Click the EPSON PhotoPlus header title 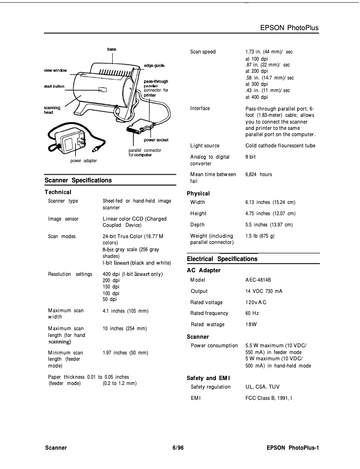coord(289,28)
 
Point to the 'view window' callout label coord(55,71)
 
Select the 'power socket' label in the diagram coord(156,140)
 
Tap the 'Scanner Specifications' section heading coord(78,180)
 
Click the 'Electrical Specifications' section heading coord(222,259)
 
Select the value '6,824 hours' coord(259,174)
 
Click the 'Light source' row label coord(205,146)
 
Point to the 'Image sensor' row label coord(63,219)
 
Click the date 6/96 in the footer coord(178,448)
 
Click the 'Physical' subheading coord(198,193)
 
